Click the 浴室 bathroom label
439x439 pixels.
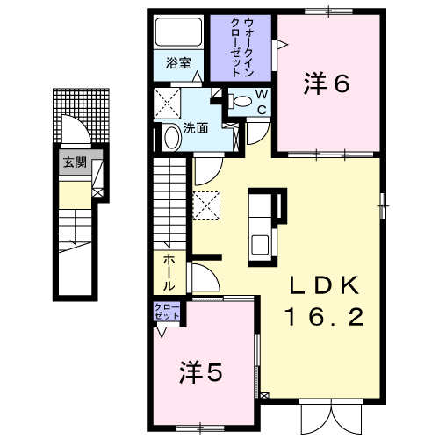point(178,63)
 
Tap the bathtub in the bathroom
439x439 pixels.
point(178,32)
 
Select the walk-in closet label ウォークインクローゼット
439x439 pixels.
point(241,47)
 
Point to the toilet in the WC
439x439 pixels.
point(241,101)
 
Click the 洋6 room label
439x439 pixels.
point(327,83)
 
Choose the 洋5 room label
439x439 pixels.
point(201,372)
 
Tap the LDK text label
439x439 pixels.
point(324,285)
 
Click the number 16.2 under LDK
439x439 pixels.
point(324,317)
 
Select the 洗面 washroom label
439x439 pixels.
point(196,128)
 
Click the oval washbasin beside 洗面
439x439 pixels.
point(172,137)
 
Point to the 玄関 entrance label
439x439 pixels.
point(76,162)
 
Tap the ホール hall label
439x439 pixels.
point(169,272)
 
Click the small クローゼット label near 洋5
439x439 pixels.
point(167,312)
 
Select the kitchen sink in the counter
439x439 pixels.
point(260,245)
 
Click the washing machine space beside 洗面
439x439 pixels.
point(167,104)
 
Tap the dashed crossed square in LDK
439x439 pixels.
point(206,205)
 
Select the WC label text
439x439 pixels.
point(262,103)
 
